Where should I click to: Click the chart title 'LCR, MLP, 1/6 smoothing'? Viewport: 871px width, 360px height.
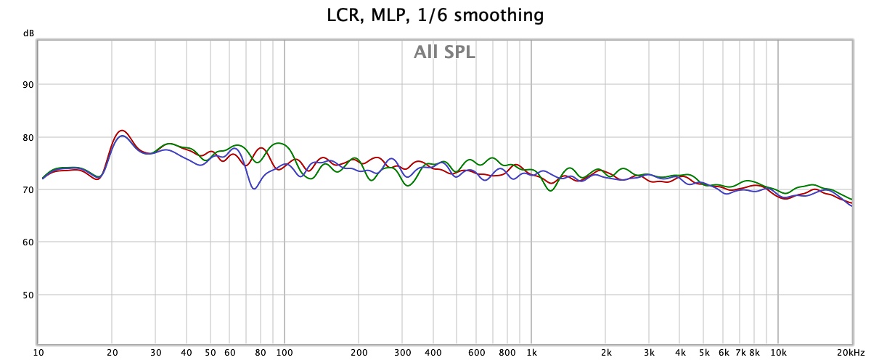pos(435,14)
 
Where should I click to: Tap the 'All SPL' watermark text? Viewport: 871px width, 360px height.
pos(444,52)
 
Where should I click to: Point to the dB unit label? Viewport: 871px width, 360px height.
pos(28,33)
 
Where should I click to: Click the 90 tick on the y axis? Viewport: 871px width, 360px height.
pos(28,85)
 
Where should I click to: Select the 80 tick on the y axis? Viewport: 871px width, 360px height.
pos(28,137)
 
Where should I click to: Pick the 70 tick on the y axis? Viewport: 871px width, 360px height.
pos(28,189)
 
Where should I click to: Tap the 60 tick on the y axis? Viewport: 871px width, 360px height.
pos(28,242)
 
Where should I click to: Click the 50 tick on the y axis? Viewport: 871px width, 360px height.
pos(28,295)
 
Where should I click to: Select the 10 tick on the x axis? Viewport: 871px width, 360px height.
pos(38,353)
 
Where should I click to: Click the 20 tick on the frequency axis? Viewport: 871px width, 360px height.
pos(113,353)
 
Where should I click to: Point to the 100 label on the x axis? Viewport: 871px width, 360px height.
pos(284,353)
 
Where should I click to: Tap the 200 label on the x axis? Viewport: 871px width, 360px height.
pos(359,353)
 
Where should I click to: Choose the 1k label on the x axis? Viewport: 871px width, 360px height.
pos(531,353)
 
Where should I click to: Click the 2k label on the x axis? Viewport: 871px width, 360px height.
pos(605,353)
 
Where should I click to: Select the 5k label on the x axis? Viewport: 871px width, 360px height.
pos(704,353)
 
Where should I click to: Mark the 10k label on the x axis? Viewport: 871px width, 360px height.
pos(778,353)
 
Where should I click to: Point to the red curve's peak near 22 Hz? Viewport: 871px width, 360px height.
pos(122,131)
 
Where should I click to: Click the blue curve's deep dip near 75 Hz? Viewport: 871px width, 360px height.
pos(254,189)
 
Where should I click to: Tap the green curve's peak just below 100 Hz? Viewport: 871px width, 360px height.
pos(279,143)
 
